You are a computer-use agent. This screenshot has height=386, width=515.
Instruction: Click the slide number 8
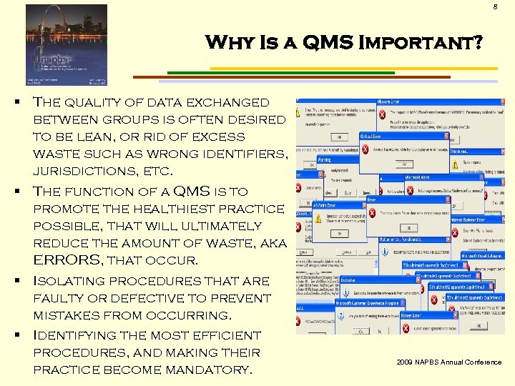click(494, 7)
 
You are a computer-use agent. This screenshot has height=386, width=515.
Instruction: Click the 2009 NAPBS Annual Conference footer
click(448, 362)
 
